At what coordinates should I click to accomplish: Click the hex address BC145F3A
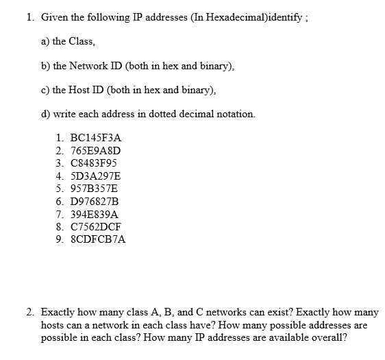click(96, 137)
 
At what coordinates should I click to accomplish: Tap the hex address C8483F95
click(95, 163)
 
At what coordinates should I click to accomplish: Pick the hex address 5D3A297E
click(96, 176)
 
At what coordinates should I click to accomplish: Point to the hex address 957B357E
click(95, 188)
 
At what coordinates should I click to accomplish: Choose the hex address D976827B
click(95, 201)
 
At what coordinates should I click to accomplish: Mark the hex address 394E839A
click(95, 214)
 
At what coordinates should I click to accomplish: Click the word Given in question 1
click(55, 16)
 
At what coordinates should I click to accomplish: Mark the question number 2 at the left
click(30, 311)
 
